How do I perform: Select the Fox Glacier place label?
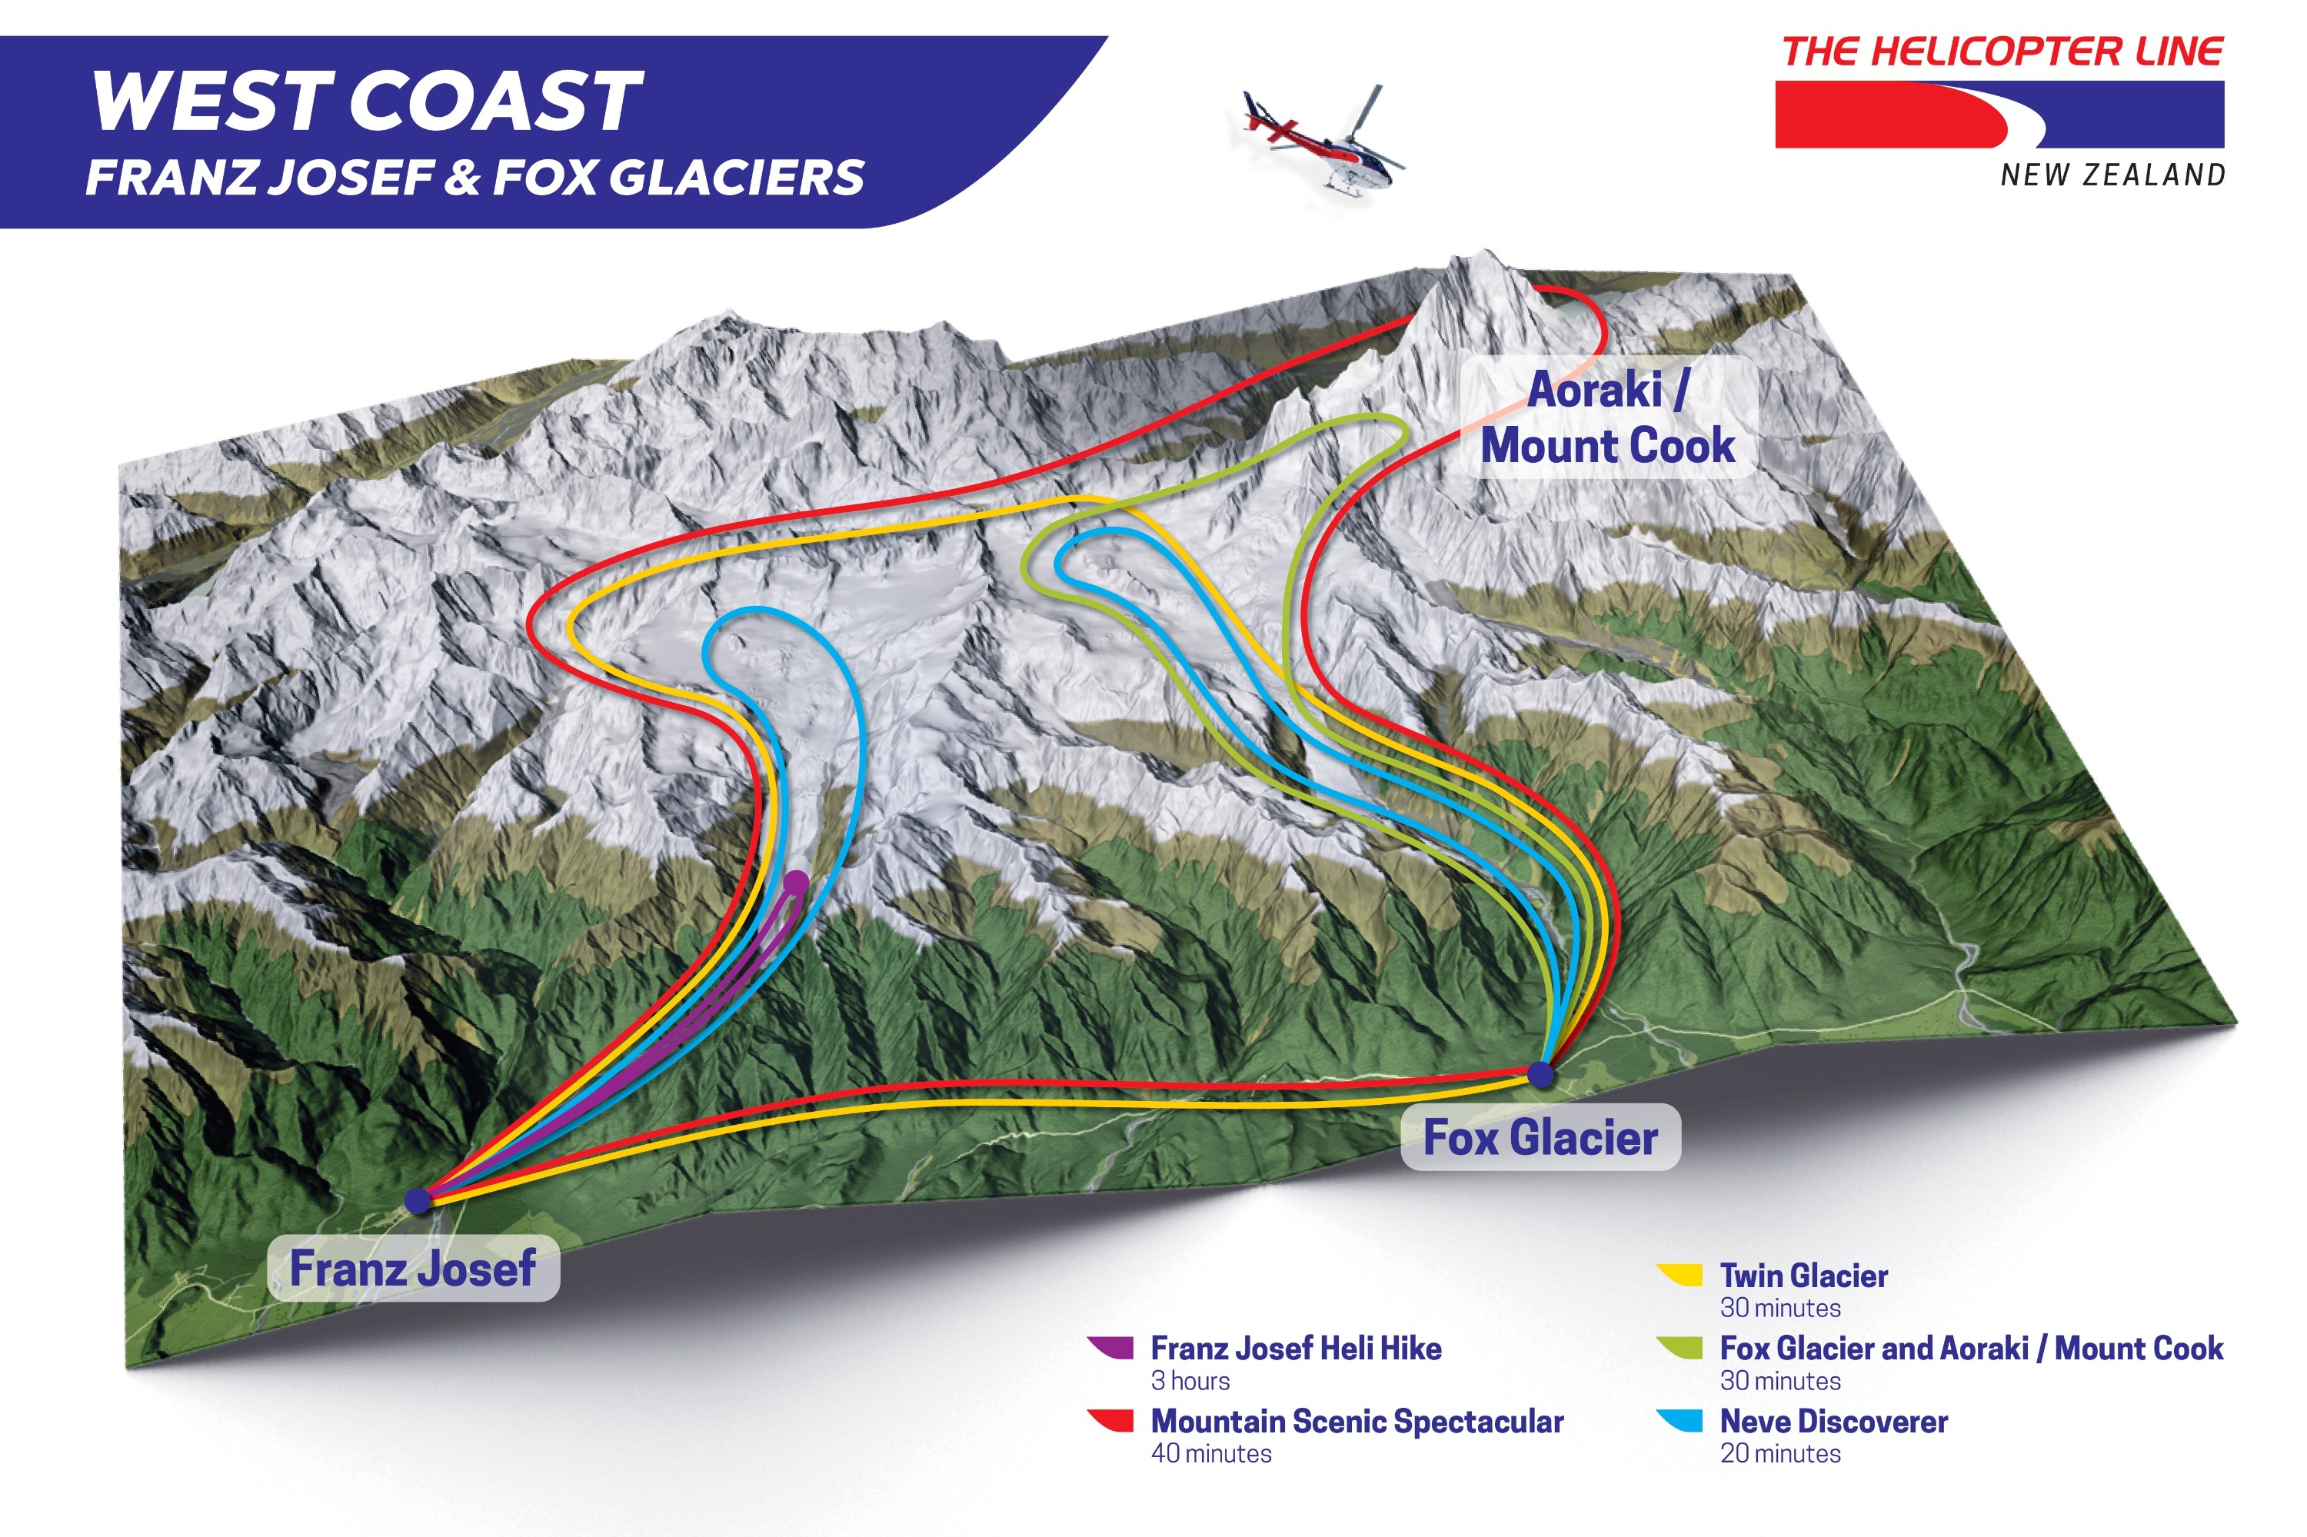[x=1540, y=1137]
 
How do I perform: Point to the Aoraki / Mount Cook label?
[x=1608, y=418]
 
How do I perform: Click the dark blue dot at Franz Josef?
[x=418, y=1199]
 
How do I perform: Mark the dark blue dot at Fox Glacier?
[x=1541, y=1074]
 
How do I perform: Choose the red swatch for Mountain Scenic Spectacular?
[x=1111, y=1420]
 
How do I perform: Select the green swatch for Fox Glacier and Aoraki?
[x=1679, y=1348]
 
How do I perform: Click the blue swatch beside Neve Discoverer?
[x=1679, y=1420]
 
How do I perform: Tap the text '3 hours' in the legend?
[x=1190, y=1381]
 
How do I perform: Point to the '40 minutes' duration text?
[x=1211, y=1454]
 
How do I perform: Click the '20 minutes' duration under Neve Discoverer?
[x=1780, y=1454]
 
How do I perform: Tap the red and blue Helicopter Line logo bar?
[x=2000, y=115]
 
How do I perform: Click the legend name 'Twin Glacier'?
[x=1804, y=1276]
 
